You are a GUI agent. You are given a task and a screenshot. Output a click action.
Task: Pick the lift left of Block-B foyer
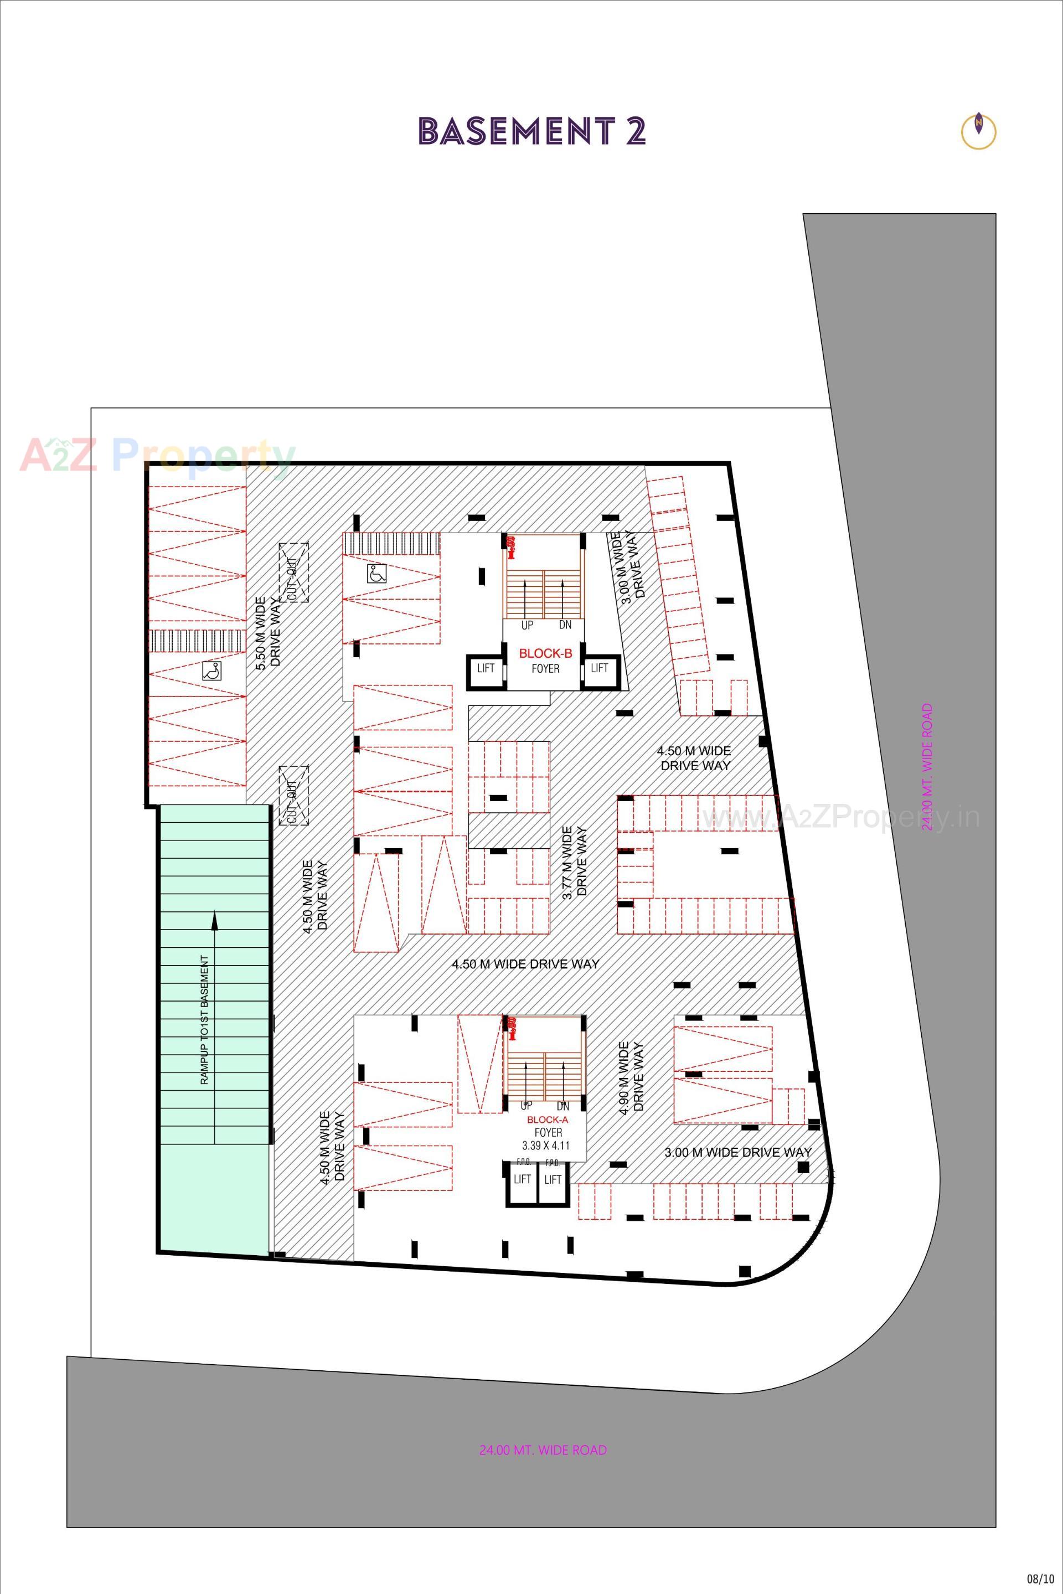tap(486, 668)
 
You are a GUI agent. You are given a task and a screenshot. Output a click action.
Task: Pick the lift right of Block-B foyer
tap(599, 668)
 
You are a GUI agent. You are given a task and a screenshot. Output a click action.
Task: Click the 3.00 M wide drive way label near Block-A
tap(737, 1152)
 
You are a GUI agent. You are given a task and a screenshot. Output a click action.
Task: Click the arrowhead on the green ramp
tap(215, 920)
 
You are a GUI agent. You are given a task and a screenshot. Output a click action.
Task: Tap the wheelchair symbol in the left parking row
tap(211, 671)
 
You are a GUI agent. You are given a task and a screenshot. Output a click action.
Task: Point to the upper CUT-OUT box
tap(293, 572)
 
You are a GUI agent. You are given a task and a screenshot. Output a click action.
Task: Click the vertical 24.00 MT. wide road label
tap(927, 766)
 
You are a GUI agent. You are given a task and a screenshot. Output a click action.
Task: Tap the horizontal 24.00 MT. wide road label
tap(543, 1450)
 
